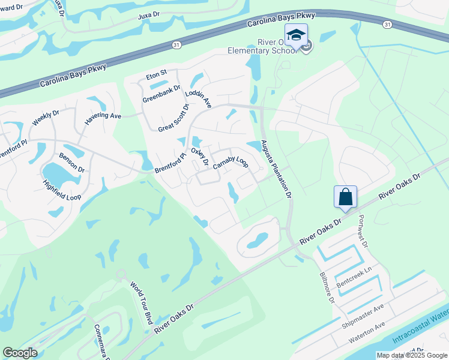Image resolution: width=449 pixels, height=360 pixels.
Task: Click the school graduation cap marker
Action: coord(296,35)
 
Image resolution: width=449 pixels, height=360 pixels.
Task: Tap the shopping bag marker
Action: coord(346,197)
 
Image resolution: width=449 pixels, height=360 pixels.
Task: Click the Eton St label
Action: coord(156,76)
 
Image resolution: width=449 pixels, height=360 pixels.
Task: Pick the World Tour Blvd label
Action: coord(141,304)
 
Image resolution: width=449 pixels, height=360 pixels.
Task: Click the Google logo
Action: coord(20,353)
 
